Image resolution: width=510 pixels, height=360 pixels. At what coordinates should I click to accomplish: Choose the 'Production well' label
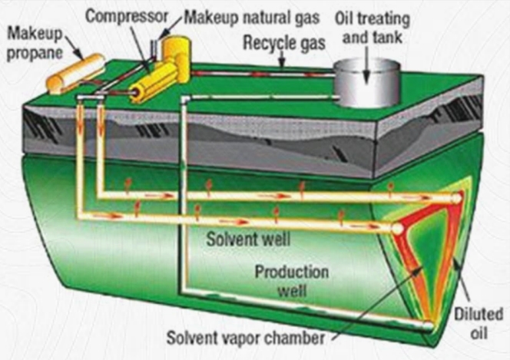click(292, 281)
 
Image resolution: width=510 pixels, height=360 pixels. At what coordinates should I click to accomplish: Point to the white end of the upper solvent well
click(456, 198)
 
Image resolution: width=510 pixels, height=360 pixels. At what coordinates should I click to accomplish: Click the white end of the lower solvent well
click(398, 229)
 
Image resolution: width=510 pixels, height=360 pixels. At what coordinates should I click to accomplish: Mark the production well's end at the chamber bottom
click(428, 325)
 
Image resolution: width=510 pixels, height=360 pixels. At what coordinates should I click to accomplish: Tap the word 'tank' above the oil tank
click(392, 34)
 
